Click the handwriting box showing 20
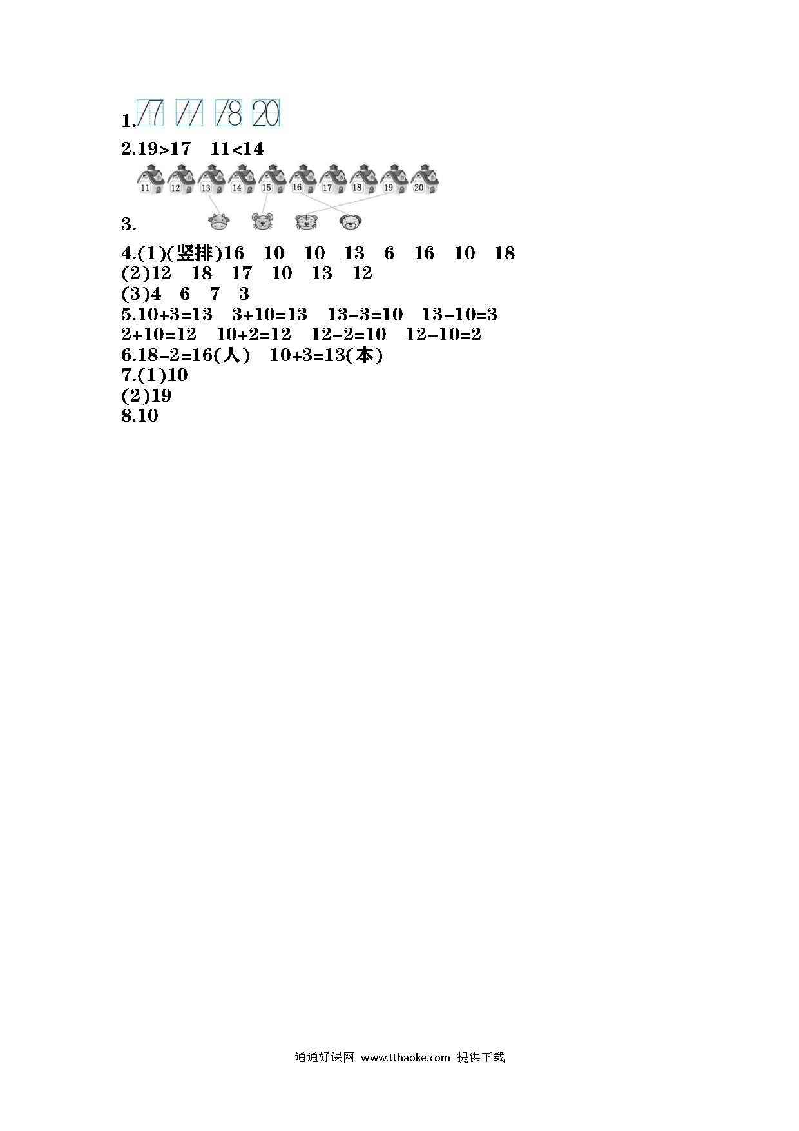pyautogui.click(x=266, y=113)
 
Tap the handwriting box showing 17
pyautogui.click(x=150, y=113)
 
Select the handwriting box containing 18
pyautogui.click(x=228, y=113)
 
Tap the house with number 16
pyautogui.click(x=302, y=180)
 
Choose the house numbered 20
pyautogui.click(x=425, y=180)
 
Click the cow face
pyautogui.click(x=219, y=222)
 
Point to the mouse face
pyautogui.click(x=262, y=222)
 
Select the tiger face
pyautogui.click(x=305, y=222)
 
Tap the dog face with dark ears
pyautogui.click(x=350, y=222)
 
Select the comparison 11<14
pyautogui.click(x=237, y=149)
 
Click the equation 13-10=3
pyautogui.click(x=459, y=315)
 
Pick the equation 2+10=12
pyautogui.click(x=159, y=335)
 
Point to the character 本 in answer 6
pyautogui.click(x=364, y=355)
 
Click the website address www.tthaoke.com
pyautogui.click(x=405, y=1057)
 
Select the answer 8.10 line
pyautogui.click(x=140, y=415)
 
